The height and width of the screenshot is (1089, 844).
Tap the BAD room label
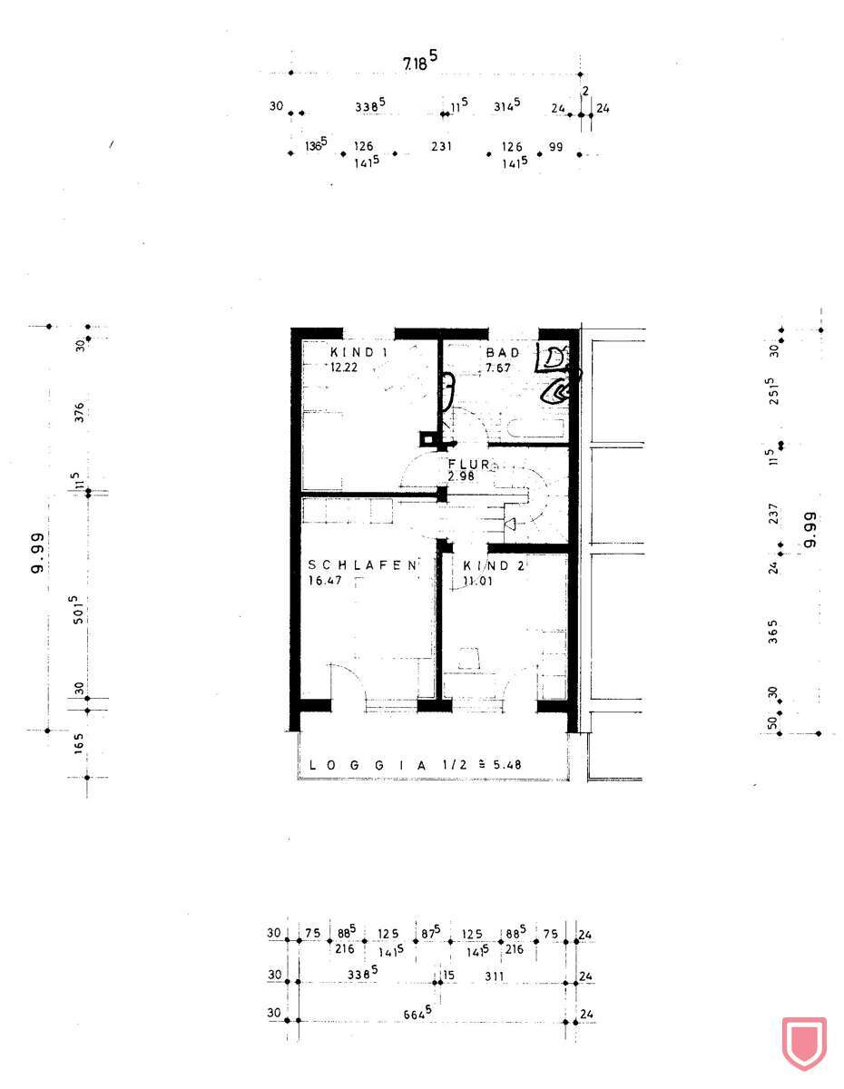pos(502,352)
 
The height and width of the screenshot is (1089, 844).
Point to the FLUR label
pos(468,464)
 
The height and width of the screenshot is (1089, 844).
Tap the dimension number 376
pos(80,412)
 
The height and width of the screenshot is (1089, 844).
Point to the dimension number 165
pos(80,743)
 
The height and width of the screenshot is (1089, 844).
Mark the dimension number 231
pos(441,146)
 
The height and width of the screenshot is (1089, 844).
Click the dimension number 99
pos(555,146)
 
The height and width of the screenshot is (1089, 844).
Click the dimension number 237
pos(772,515)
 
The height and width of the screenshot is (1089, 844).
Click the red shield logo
pos(803,1043)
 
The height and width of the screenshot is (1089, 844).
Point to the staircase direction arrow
pos(509,524)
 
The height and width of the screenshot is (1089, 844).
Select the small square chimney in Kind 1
pos(427,439)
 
